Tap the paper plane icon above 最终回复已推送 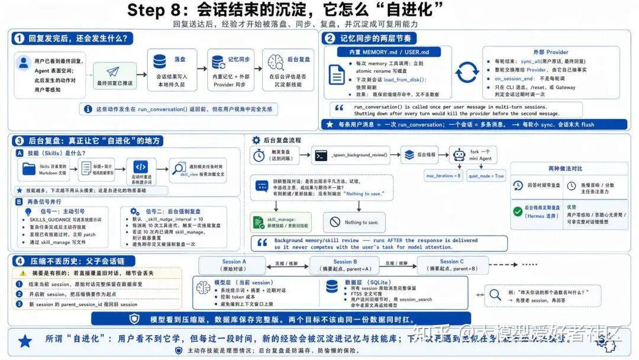tap(113, 72)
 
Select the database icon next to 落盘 tap(160, 61)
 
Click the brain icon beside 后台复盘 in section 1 tap(275, 61)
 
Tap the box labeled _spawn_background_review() tap(353, 155)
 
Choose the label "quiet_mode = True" tap(486, 176)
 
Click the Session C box tap(451, 265)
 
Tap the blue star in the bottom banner tap(25, 340)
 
